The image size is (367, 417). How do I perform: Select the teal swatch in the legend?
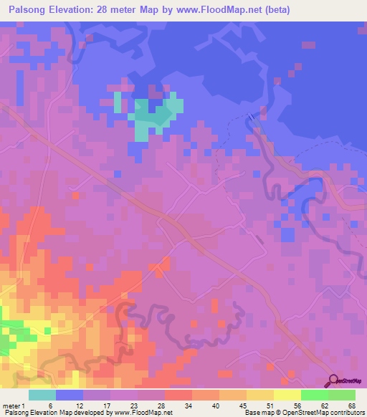pyautogui.click(x=42, y=395)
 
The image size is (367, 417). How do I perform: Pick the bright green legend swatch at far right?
pyautogui.click(x=342, y=395)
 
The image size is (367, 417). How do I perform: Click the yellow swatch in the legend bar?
pyautogui.click(x=287, y=395)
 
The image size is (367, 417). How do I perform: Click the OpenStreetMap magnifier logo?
pyautogui.click(x=335, y=382)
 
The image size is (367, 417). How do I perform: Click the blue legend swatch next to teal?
pyautogui.click(x=70, y=395)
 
